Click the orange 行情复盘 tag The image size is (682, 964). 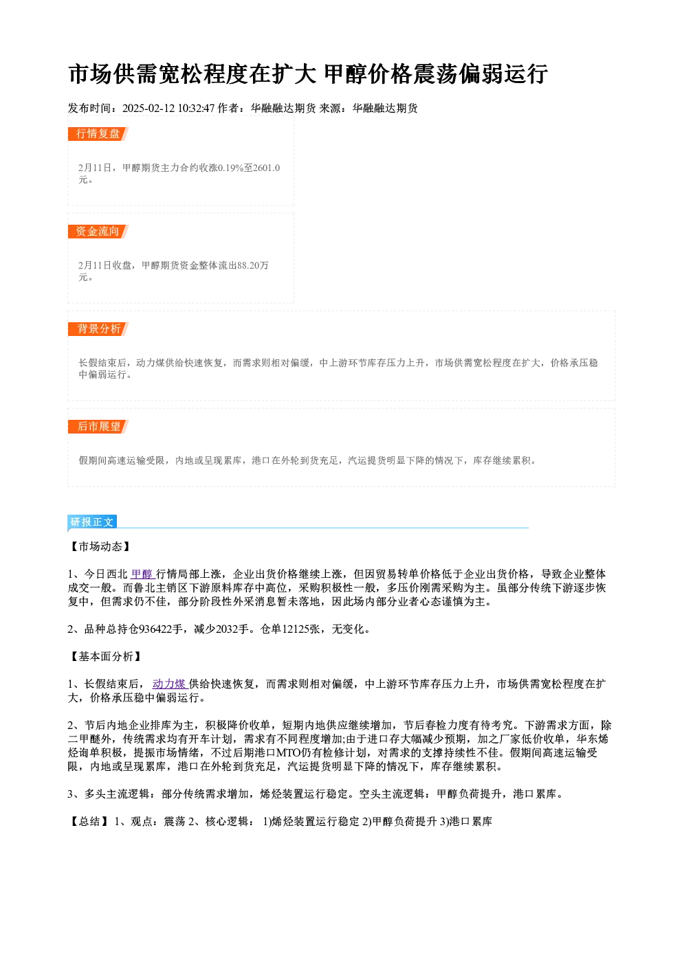point(98,134)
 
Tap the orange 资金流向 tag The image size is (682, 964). point(98,232)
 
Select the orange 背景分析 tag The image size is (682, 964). point(98,329)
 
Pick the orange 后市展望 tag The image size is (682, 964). point(98,427)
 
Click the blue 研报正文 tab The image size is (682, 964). point(92,522)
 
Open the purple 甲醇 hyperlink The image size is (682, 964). point(142,574)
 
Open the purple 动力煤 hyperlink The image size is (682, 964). point(170,684)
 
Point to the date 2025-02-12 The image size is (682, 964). point(148,109)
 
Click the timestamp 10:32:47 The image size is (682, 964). point(196,109)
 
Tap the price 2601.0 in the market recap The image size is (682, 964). point(266,168)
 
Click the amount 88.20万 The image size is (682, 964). point(253,265)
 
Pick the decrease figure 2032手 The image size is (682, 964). point(232,629)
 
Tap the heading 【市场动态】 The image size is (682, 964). point(100,546)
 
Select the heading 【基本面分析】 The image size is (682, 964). point(106,656)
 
